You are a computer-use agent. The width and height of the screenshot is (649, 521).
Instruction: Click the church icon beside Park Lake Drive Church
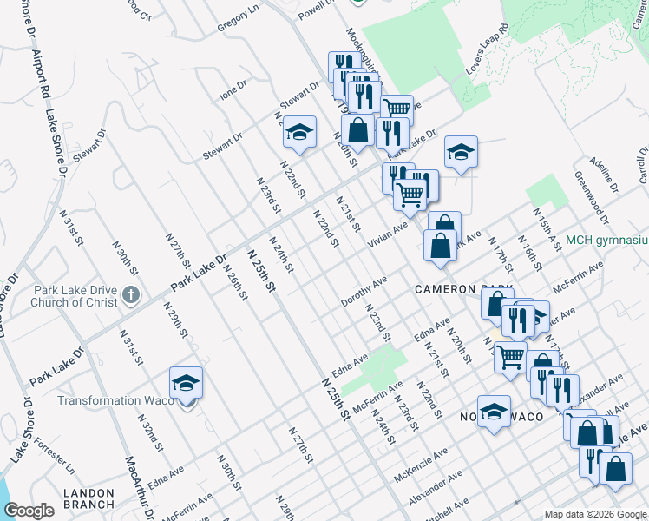[131, 294]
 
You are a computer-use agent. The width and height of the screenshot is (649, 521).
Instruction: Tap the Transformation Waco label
[113, 400]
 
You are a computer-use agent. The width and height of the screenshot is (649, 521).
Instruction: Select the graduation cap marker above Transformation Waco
[186, 383]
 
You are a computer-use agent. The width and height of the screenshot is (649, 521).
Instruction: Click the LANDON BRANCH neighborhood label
[88, 498]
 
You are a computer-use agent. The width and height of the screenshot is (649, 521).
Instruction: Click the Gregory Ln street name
[238, 18]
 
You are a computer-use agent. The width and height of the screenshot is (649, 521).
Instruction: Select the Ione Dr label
[233, 90]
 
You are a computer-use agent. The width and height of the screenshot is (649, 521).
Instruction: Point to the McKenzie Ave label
[421, 465]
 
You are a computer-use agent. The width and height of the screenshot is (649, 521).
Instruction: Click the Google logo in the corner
[29, 511]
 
